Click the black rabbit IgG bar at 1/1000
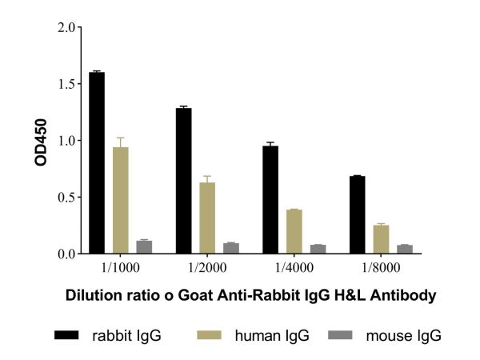[x=97, y=163]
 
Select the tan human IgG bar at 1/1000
[x=121, y=200]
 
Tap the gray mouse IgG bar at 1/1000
[x=144, y=247]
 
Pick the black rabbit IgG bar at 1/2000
[x=183, y=181]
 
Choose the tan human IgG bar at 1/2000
[x=207, y=218]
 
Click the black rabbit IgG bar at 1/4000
[x=270, y=199]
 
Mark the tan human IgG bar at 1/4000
[x=294, y=231]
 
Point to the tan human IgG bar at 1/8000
[x=381, y=239]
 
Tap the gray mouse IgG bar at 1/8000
[x=404, y=249]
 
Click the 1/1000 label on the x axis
[x=121, y=266]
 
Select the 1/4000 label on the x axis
[x=294, y=266]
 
